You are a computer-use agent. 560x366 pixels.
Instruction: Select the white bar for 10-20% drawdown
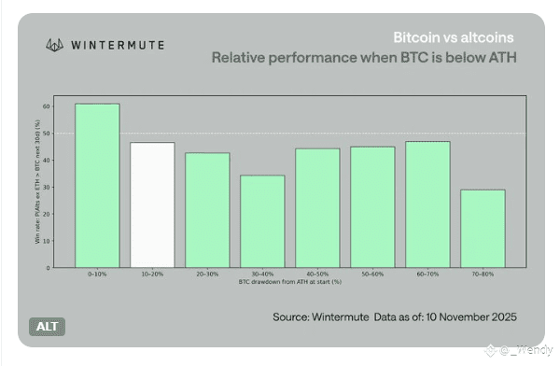coord(152,204)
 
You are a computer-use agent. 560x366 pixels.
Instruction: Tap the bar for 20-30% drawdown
coord(207,210)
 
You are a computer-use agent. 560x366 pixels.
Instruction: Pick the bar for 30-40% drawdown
coord(262,221)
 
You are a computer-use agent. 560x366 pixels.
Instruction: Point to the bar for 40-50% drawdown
coord(317,207)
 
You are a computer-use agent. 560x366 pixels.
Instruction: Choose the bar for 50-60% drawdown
coord(372,206)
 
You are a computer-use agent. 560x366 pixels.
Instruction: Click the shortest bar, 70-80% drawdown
coord(483,229)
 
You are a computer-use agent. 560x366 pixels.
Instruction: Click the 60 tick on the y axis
coord(47,106)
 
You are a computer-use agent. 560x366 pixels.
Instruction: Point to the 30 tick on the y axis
coord(47,187)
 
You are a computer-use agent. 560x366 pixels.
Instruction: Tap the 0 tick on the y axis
coord(49,268)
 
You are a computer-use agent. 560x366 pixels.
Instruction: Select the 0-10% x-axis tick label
coord(97,274)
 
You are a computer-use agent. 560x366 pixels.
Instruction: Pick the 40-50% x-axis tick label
coord(317,274)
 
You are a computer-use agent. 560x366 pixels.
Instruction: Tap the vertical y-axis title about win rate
coord(37,187)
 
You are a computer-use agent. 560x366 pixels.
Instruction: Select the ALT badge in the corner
coord(46,327)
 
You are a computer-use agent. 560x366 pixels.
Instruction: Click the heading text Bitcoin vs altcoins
coord(453,38)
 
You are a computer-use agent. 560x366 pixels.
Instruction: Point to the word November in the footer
coord(451,316)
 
